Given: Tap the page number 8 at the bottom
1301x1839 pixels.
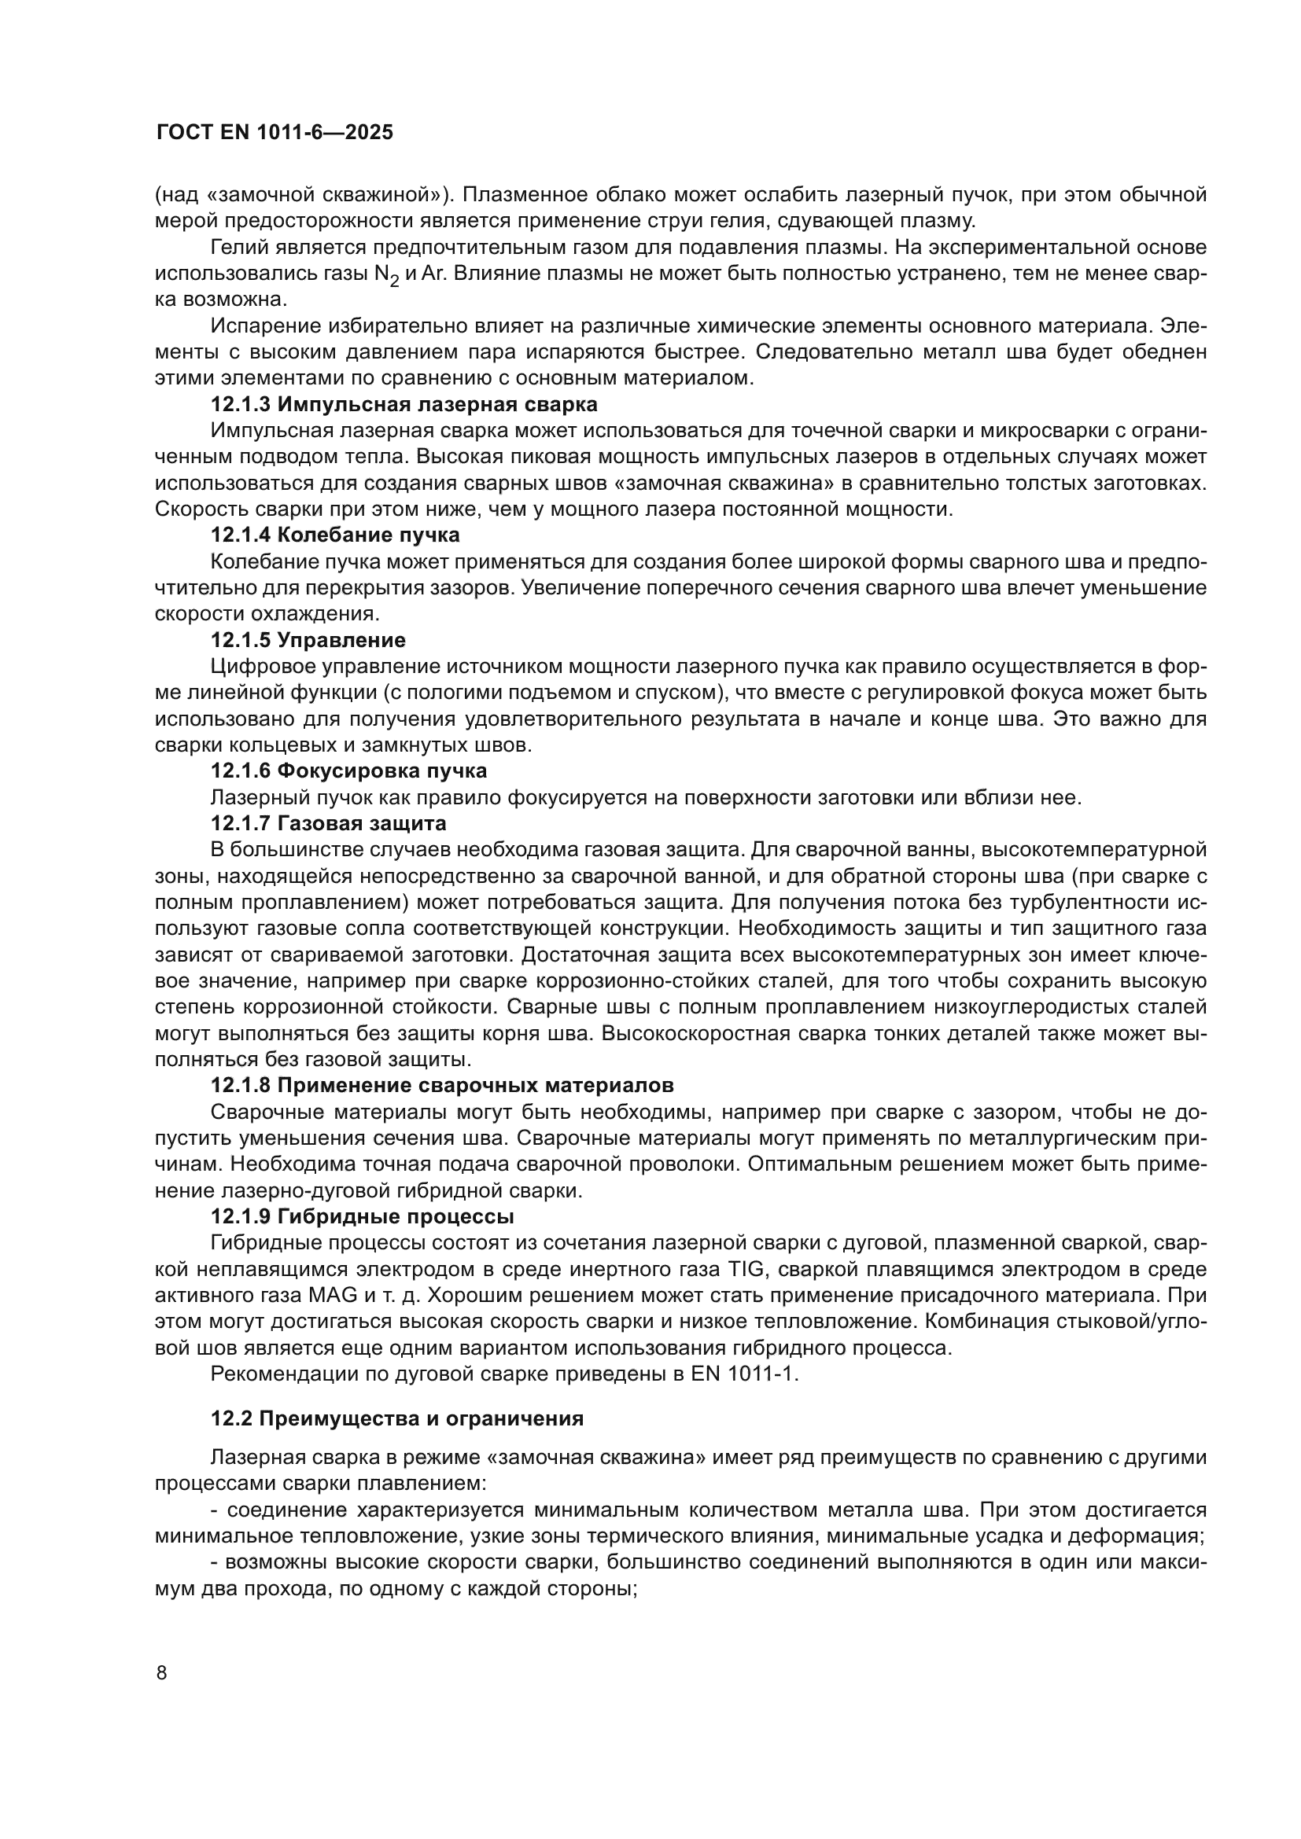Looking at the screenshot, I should click(162, 1673).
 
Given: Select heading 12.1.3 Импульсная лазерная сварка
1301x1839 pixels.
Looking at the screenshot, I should click(404, 404).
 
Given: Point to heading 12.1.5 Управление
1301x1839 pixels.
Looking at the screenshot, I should click(308, 640).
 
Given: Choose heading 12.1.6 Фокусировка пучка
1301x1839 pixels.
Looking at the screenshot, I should click(348, 771).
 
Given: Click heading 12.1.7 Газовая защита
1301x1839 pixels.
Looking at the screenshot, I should click(329, 823).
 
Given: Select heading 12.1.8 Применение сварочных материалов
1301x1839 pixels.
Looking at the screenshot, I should click(442, 1085).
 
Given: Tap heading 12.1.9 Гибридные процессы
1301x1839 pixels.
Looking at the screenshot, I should click(362, 1216).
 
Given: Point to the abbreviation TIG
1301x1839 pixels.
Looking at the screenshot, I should click(747, 1270).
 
